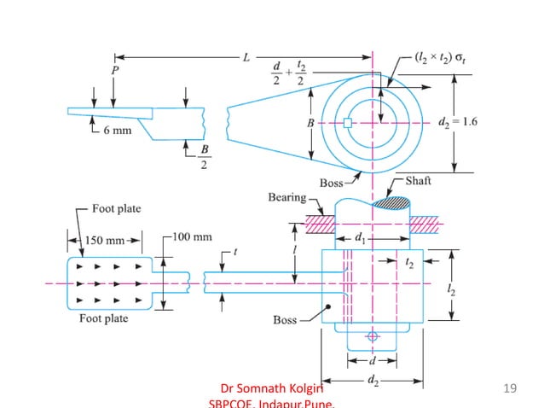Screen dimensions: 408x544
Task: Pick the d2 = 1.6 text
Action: (456, 122)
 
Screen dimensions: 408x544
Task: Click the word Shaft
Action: (419, 182)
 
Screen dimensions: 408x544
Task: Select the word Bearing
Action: (287, 197)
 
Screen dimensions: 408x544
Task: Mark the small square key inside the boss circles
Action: (348, 124)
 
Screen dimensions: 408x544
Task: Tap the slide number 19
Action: (511, 389)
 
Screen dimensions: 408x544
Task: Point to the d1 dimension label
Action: (360, 238)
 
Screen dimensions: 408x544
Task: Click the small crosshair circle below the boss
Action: (372, 336)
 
